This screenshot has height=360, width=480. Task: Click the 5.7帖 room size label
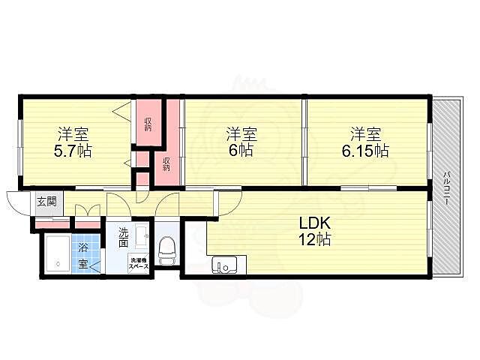click(73, 151)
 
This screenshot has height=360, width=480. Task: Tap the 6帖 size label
click(241, 150)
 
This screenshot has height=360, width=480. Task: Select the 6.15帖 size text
click(365, 151)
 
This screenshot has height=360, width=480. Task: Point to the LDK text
click(314, 223)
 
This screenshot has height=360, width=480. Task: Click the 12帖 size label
click(314, 239)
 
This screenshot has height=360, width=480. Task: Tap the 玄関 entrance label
click(46, 202)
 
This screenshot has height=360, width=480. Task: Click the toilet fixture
click(166, 250)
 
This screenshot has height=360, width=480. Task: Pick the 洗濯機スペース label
click(139, 263)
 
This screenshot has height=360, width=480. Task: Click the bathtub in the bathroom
click(57, 255)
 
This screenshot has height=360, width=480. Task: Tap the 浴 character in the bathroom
click(82, 247)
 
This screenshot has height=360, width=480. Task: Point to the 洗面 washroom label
click(123, 237)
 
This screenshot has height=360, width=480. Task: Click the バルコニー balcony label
click(447, 188)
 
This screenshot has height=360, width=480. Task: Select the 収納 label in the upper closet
click(148, 124)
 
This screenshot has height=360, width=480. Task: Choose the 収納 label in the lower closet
click(166, 164)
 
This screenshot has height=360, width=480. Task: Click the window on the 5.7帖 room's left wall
click(20, 147)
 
